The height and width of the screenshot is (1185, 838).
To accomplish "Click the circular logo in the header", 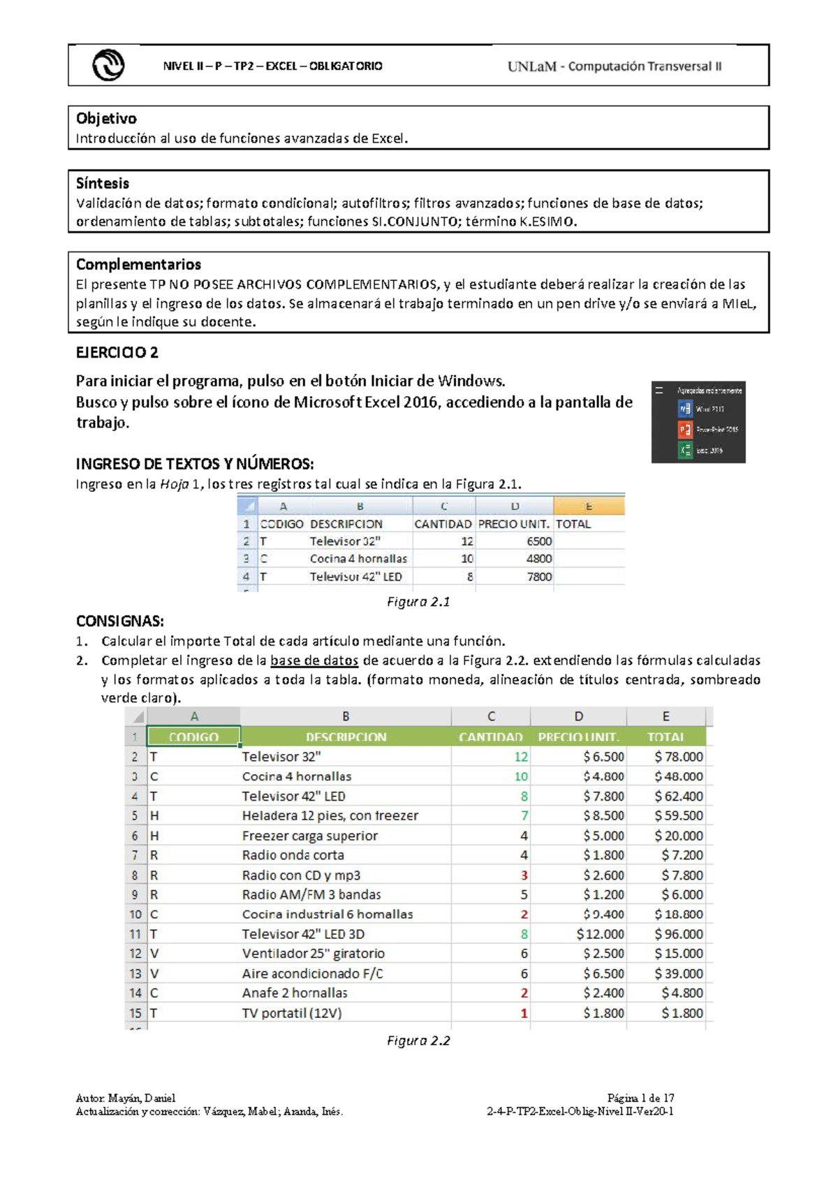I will (x=108, y=66).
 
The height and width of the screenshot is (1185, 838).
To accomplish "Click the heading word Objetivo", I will (x=106, y=118).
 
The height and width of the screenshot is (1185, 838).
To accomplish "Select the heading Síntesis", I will (x=103, y=183).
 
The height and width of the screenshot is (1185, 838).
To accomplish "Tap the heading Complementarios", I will (x=138, y=264).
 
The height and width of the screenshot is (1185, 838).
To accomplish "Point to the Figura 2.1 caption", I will (x=418, y=602).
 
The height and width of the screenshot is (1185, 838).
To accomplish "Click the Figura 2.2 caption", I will (x=418, y=1040).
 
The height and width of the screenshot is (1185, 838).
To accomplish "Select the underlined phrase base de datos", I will (x=314, y=660).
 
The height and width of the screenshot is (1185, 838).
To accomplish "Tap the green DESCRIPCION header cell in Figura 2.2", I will (x=346, y=737).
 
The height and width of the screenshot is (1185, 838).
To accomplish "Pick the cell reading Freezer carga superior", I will (x=309, y=836).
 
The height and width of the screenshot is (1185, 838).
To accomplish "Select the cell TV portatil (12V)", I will (x=292, y=1013).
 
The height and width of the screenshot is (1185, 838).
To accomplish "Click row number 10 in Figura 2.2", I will (x=135, y=915).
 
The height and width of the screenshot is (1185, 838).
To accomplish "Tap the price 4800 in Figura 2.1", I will (x=538, y=559).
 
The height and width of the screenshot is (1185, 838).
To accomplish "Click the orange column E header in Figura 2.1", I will (x=589, y=506).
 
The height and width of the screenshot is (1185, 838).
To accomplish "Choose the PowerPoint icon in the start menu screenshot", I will (x=685, y=429).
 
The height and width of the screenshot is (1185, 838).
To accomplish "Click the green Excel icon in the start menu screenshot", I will (x=685, y=450).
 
